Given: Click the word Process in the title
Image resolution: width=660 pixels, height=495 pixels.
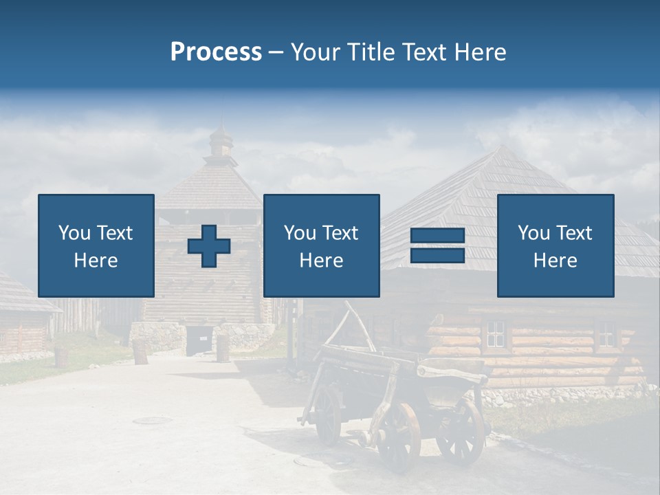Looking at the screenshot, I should point(216,52).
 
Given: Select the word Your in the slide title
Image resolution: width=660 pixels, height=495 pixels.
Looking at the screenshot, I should point(316,52).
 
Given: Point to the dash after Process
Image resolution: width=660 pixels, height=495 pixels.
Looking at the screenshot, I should point(276,53).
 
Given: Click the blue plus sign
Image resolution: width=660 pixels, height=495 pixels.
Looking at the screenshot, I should point(209,246).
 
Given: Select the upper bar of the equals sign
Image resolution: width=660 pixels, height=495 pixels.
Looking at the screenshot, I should point(437,236).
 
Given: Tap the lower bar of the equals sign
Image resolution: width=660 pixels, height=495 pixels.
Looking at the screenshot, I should point(437,255).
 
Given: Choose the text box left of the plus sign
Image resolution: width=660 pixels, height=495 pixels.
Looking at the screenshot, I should point(96,245).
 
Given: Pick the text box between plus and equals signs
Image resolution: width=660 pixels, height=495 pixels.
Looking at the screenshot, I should point(321,245).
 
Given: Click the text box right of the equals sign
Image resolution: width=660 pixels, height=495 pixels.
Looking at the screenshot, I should point(555,245).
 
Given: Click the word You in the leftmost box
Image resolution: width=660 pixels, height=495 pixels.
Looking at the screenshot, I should point(74,233).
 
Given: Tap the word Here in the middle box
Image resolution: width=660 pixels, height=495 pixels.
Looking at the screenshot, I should point(321,261).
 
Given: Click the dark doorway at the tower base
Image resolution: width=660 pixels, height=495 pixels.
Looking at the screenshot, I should point(199,340).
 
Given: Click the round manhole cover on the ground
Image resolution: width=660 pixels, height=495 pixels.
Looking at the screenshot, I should point(152,420).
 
